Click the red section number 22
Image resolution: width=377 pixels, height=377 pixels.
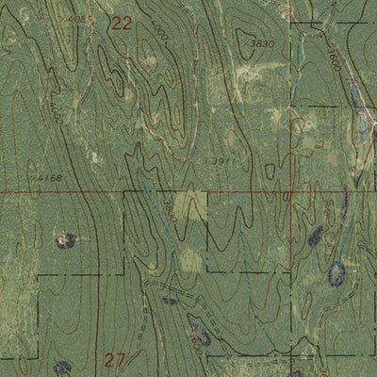tap(121, 25)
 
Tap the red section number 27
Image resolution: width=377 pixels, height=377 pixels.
tap(116, 358)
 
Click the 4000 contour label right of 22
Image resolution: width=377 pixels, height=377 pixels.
tap(157, 34)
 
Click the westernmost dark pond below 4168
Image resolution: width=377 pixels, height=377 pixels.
tap(66, 240)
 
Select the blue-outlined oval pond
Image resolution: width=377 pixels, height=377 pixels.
tap(336, 274)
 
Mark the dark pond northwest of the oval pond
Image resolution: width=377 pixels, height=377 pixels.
tap(315, 236)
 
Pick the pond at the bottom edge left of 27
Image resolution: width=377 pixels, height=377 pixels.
tap(61, 368)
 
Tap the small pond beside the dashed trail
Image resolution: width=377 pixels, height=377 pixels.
tap(169, 302)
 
